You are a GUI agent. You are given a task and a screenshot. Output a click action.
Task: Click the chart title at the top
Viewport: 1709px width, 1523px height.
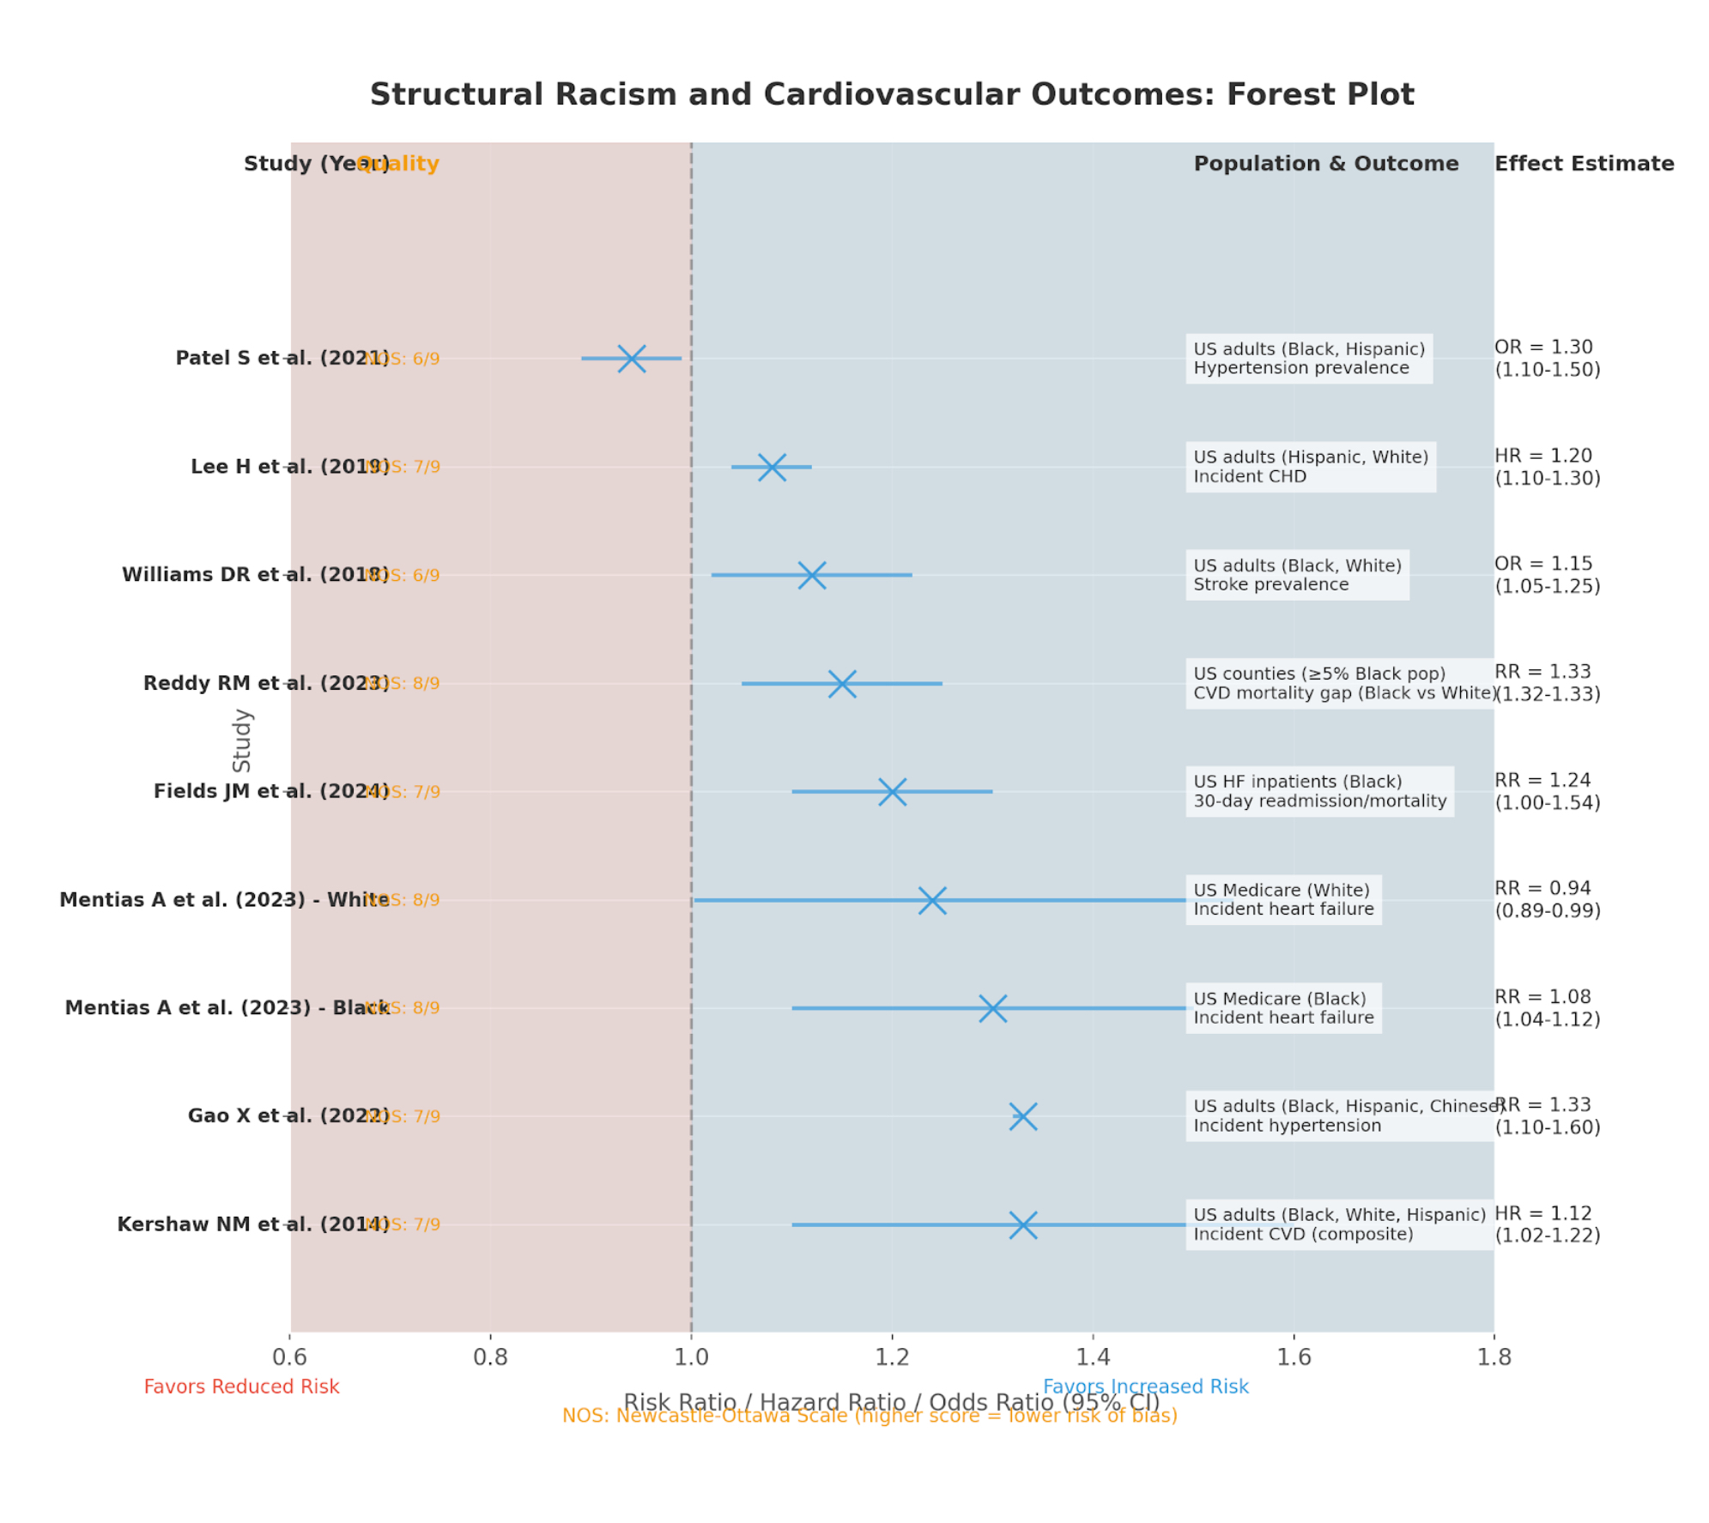pos(891,94)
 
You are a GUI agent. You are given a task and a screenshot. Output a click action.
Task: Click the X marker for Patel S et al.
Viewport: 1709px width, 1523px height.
pos(631,358)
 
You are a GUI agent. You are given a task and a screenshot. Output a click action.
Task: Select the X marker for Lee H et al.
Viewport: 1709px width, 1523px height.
pos(772,467)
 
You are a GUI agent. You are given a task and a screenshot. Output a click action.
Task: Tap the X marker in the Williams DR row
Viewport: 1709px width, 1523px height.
pos(811,575)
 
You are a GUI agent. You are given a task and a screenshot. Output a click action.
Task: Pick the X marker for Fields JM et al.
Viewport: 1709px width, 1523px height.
pos(892,791)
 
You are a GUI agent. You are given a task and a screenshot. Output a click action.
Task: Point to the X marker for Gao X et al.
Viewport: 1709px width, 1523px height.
pos(1022,1116)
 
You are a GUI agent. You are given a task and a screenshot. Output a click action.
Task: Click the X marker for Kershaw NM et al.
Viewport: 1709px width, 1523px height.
pos(1022,1224)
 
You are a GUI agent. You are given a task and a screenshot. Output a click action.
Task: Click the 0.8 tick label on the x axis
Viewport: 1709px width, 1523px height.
pos(490,1357)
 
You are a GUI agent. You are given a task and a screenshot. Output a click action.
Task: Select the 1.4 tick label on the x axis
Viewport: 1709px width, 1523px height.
pos(1093,1357)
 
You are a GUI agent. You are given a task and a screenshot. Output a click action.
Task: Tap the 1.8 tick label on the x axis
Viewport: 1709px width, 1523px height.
pos(1494,1357)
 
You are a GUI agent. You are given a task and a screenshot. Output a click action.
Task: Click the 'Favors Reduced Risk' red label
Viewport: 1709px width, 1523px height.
pos(241,1387)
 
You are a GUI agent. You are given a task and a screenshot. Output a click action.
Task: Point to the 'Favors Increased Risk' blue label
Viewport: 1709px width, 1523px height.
pos(1145,1387)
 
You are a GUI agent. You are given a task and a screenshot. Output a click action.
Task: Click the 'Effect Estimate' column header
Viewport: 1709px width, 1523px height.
pos(1584,164)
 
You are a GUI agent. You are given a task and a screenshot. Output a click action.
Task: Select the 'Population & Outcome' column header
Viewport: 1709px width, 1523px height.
pos(1325,164)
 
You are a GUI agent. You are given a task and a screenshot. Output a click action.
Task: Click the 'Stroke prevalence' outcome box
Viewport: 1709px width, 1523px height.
pos(1296,575)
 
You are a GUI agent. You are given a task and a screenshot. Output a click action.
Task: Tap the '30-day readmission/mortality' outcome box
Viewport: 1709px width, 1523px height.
pos(1319,791)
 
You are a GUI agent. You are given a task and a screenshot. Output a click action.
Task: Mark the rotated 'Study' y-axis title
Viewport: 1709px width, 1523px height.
pos(242,740)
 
